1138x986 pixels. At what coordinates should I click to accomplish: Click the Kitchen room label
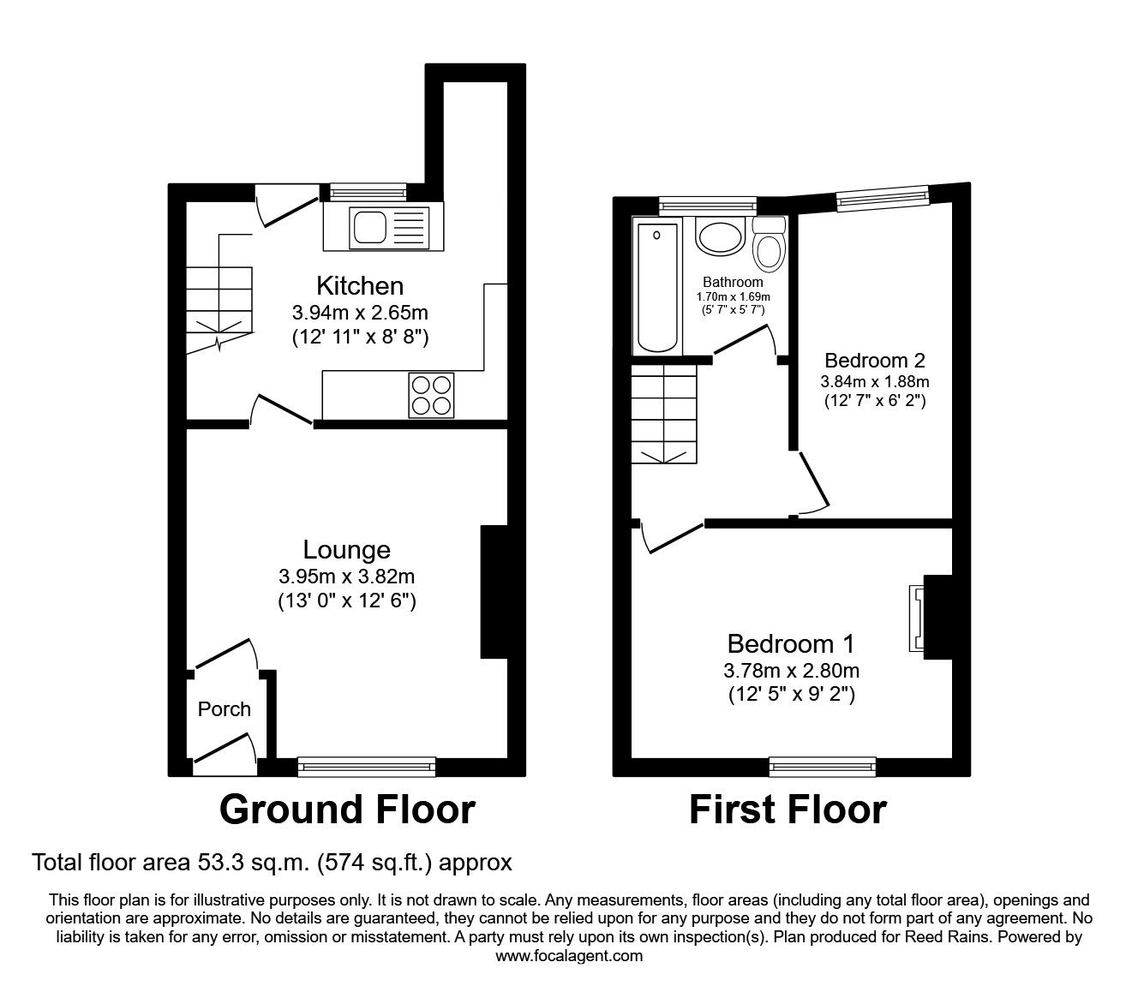[360, 285]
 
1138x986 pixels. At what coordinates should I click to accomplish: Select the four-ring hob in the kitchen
[432, 396]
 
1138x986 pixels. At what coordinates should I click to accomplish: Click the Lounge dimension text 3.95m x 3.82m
[346, 577]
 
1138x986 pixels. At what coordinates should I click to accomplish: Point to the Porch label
[225, 709]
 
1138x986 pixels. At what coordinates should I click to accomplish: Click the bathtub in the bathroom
[657, 286]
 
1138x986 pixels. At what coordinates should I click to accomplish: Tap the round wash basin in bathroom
[720, 235]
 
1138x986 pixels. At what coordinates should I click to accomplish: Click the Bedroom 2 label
[874, 360]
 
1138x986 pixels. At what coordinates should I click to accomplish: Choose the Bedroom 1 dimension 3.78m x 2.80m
[791, 670]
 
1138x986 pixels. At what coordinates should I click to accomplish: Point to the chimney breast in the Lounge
[494, 592]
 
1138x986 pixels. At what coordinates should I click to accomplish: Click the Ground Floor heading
[347, 810]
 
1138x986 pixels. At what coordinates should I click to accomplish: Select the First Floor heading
[788, 810]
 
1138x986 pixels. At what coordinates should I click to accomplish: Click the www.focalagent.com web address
[569, 956]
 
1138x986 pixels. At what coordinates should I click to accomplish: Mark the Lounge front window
[367, 767]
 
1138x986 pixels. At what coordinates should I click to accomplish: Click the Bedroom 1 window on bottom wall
[823, 767]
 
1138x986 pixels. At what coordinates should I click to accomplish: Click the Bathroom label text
[733, 282]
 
